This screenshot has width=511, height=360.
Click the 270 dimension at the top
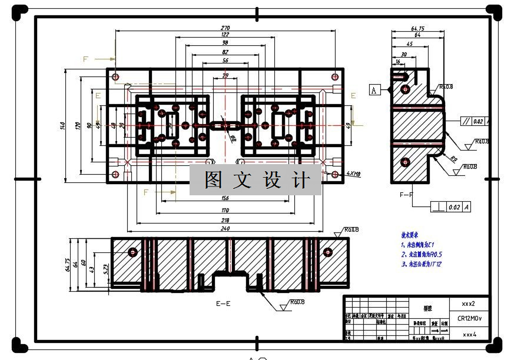pyautogui.click(x=225, y=28)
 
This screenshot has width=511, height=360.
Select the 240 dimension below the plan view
pyautogui.click(x=225, y=228)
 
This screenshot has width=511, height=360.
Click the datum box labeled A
pyautogui.click(x=373, y=90)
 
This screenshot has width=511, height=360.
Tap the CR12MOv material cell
pyautogui.click(x=469, y=319)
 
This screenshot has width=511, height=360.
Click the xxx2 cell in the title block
pyautogui.click(x=469, y=304)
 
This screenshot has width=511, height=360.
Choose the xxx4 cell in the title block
pyautogui.click(x=469, y=334)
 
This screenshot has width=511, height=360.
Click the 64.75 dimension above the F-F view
pyautogui.click(x=418, y=28)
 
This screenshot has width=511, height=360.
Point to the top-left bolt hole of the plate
pyautogui.click(x=115, y=76)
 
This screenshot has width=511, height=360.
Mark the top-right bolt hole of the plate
pyautogui.click(x=335, y=76)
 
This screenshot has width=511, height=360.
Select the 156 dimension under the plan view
pyautogui.click(x=225, y=198)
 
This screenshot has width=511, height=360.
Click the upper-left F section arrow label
pyautogui.click(x=85, y=59)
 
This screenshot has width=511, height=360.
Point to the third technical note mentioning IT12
pyautogui.click(x=422, y=265)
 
